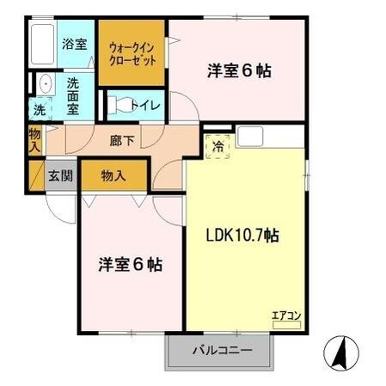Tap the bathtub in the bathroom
[42, 43]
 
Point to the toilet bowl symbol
[122, 106]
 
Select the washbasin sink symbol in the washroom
[42, 84]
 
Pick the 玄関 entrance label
[60, 175]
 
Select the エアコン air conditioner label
[286, 316]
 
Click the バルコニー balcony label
[221, 352]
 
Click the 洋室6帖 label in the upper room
[239, 71]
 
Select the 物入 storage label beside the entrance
[113, 175]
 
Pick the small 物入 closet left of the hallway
[34, 139]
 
